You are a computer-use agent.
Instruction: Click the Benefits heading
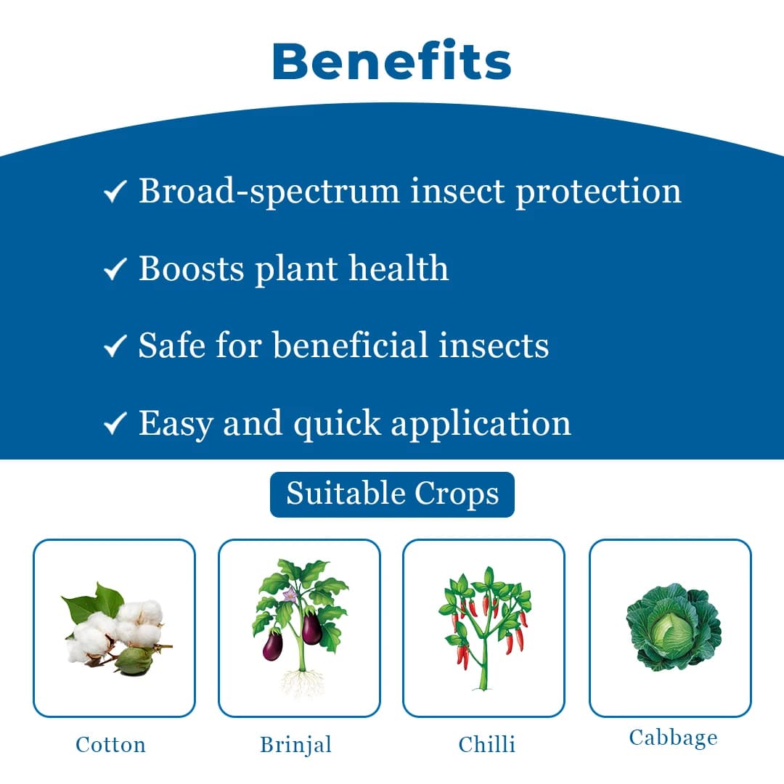[x=392, y=62]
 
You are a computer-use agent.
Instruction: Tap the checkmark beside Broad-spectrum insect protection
[x=115, y=192]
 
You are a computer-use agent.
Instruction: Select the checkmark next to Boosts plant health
[x=115, y=270]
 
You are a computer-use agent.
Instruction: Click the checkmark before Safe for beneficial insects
[x=115, y=347]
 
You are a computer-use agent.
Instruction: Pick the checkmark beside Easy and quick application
[x=115, y=425]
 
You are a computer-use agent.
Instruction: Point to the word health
[x=399, y=268]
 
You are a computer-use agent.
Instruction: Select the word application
[x=481, y=422]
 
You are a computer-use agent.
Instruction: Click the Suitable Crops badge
[x=392, y=494]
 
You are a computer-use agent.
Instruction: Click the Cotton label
[x=110, y=745]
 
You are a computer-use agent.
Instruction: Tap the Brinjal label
[x=295, y=745]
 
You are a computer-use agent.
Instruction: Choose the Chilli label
[x=486, y=745]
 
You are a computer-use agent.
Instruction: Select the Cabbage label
[x=673, y=738]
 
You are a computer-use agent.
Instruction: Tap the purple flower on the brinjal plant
[x=290, y=595]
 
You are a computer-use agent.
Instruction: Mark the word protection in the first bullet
[x=598, y=191]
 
